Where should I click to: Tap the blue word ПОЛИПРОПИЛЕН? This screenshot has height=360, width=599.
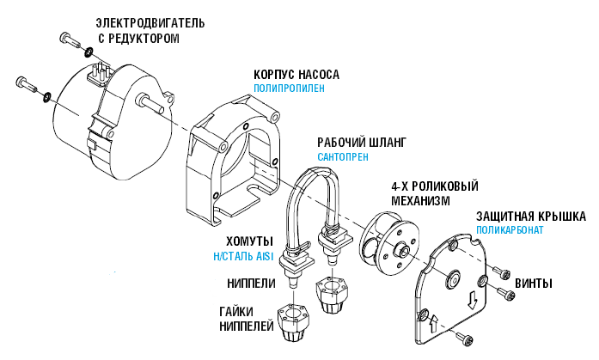[289, 88]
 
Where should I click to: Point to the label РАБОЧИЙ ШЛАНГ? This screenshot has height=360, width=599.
[360, 142]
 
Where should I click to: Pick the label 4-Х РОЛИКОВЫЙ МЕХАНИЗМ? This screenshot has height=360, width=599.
[434, 193]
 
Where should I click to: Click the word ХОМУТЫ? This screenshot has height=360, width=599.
[249, 241]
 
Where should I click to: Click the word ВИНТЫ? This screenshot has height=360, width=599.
[533, 284]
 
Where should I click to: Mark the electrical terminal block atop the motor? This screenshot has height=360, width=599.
[99, 69]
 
